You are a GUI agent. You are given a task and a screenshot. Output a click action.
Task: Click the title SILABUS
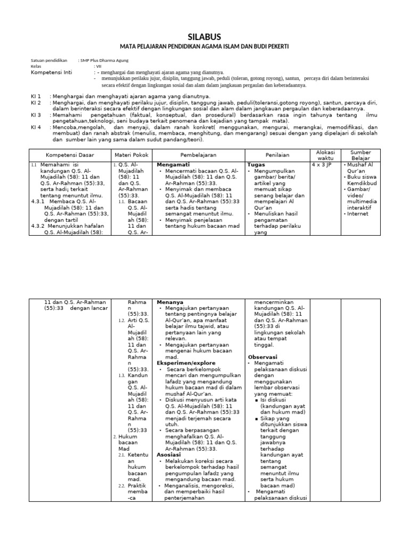coord(204,36)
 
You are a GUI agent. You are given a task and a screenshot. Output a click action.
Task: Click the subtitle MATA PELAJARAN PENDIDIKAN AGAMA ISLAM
coord(204,47)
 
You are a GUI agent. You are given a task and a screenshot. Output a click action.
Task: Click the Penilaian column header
coord(277,154)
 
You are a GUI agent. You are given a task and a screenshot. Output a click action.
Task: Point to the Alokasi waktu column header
coord(325,154)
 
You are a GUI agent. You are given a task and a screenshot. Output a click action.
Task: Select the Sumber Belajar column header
coord(361,154)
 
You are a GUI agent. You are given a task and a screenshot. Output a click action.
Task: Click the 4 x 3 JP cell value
coord(322,166)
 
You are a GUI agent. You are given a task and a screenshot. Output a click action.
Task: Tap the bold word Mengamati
coord(173,166)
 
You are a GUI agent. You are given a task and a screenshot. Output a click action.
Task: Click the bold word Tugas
coord(256,166)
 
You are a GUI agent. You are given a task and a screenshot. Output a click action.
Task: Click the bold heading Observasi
coord(263,356)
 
